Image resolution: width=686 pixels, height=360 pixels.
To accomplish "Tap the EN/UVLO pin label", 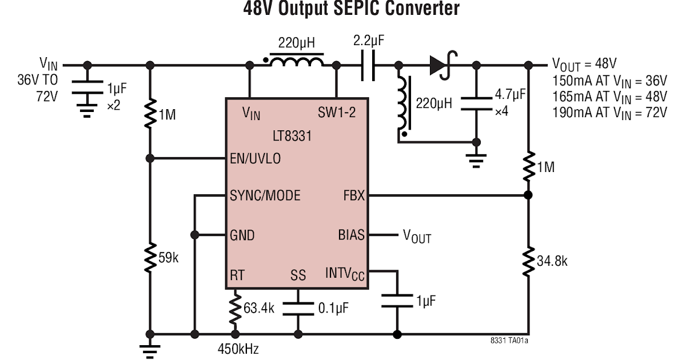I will coord(256,158).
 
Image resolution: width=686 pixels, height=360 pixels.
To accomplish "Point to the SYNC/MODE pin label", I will coord(265,195).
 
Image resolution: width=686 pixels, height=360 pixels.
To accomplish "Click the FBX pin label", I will coord(353,195).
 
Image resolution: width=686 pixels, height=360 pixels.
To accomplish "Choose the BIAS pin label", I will coord(351,235).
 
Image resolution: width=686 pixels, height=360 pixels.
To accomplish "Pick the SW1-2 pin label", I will coord(337,113).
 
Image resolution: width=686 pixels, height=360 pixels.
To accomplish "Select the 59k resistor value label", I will coord(169,258).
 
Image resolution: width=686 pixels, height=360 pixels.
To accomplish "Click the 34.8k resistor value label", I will coord(552,261).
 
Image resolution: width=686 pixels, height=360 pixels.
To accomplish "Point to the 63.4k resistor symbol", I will coord(234,309).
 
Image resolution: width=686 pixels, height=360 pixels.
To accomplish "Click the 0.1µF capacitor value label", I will coord(333,309).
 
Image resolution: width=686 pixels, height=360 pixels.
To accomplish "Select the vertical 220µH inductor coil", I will coord(404,105).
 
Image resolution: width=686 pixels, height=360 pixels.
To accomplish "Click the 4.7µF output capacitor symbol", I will coord(476,103).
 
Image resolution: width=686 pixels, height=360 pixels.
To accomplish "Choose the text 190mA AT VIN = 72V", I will coord(609,112).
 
